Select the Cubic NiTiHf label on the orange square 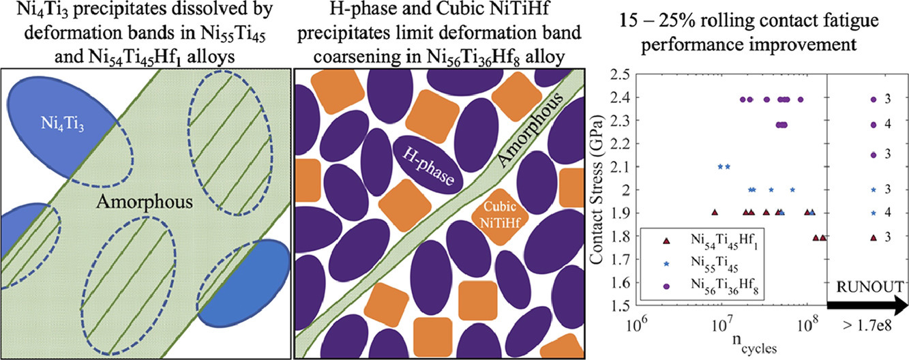[496, 213]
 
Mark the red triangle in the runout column [873, 237]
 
